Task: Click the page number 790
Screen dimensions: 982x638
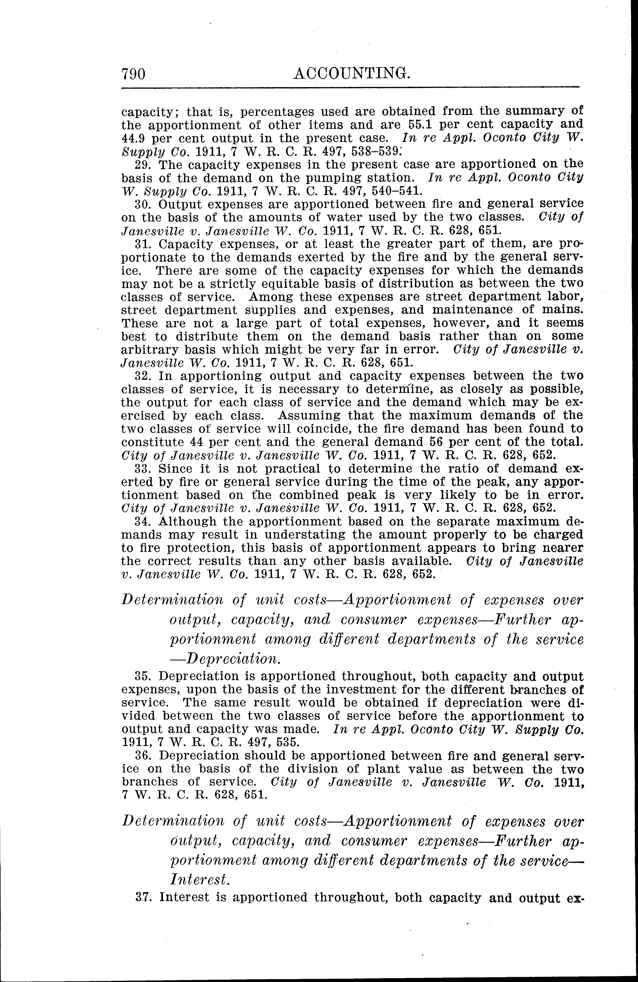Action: click(x=133, y=74)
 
